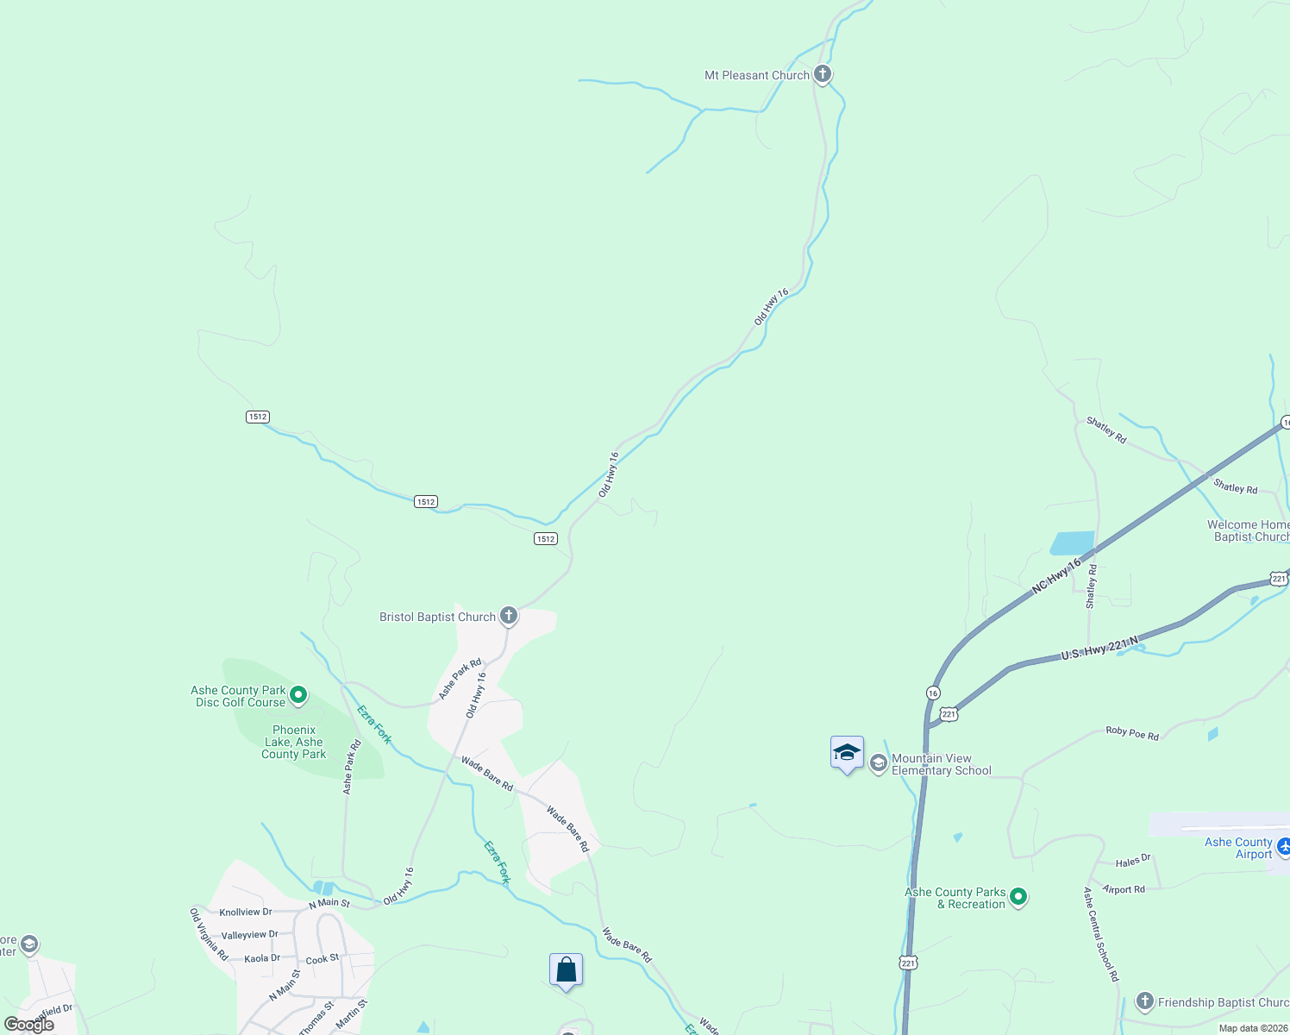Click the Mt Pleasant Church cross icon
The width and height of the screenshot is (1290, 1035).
823,74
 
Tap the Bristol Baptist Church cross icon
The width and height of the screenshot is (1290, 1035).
509,616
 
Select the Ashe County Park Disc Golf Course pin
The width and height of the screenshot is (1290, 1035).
298,694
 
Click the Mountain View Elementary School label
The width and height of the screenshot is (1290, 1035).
941,765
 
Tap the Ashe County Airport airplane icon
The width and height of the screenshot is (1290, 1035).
1283,847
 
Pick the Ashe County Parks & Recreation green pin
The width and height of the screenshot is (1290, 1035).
1018,897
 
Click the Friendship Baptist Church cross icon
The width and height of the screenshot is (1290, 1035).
1145,1001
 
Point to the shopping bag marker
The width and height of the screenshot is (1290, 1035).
566,970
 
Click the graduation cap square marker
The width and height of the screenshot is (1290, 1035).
847,753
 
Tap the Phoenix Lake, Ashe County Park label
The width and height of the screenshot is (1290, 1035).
294,743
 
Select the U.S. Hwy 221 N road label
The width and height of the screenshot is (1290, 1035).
1099,649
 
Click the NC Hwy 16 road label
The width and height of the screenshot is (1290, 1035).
1056,576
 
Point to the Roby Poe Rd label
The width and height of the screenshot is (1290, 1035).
1132,733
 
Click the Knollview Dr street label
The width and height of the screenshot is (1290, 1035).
246,913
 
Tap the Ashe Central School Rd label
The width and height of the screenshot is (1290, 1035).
1101,934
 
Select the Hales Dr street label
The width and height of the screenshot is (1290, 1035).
1133,861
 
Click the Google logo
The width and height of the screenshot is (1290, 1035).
29,1025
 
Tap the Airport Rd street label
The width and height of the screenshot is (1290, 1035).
1124,889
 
